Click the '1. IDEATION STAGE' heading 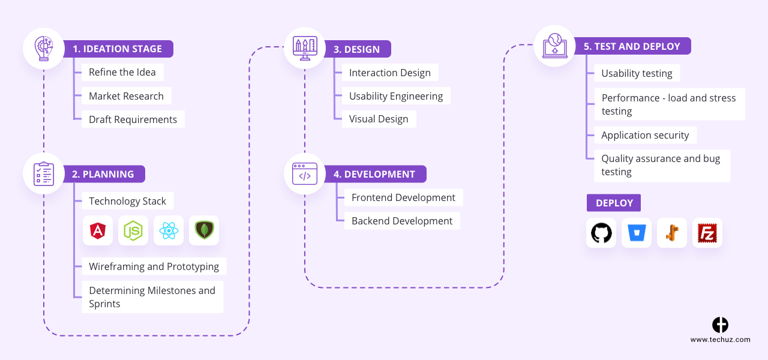click(118, 49)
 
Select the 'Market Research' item click(126, 96)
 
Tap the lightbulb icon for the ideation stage click(44, 48)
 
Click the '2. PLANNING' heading click(103, 174)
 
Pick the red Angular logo click(98, 230)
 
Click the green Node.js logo click(133, 230)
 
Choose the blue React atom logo click(169, 230)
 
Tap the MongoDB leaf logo click(204, 230)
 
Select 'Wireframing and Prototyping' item click(154, 266)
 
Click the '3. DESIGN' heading click(356, 49)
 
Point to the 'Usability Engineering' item click(396, 96)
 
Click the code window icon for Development click(305, 173)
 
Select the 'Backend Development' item click(402, 221)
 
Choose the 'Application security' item click(645, 135)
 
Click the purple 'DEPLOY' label click(614, 203)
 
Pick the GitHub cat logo click(601, 233)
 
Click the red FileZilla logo click(707, 233)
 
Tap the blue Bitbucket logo click(637, 233)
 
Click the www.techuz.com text click(720, 340)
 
